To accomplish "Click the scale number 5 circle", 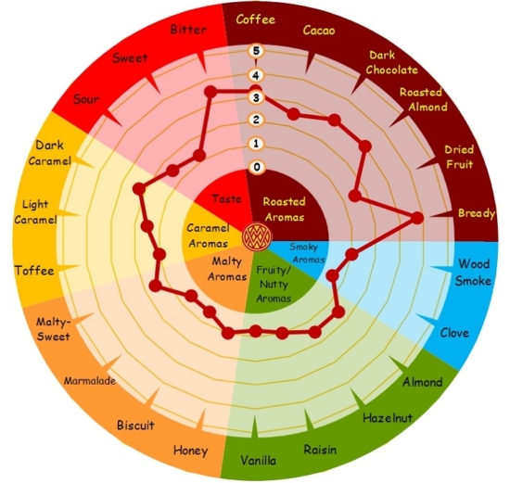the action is pos(256,51).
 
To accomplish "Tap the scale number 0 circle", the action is pos(257,167).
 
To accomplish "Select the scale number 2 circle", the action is pos(256,120).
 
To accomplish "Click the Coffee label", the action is pos(255,19).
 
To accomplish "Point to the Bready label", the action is pos(477,213).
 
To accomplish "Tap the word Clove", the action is pos(454,333).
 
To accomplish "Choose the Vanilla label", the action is pos(259,460).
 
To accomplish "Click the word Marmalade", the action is pos(89,380).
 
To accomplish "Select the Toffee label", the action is pos(34,271).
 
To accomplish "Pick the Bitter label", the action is pos(188,30).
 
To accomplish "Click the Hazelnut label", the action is pos(388,417).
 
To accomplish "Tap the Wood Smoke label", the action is pos(473,273).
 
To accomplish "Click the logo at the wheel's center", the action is pos(257,236).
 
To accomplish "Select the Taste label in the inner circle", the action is pos(226,198).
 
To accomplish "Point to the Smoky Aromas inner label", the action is pos(307,253).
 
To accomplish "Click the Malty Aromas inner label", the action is pos(227,269).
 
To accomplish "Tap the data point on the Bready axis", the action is pos(417,218).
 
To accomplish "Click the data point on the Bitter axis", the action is pos(210,92).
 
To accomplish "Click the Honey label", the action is pos(190,451).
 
